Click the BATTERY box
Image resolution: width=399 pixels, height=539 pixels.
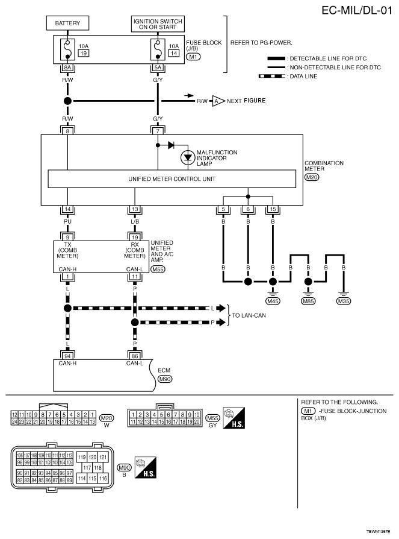coord(67,23)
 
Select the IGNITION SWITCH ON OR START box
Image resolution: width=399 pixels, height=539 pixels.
coord(158,24)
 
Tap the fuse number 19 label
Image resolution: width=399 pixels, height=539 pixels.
coord(84,53)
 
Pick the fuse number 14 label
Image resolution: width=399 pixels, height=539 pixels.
coord(174,53)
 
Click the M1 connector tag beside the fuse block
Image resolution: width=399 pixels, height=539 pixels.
coord(193,57)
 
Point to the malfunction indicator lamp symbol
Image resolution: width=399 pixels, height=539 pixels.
coord(188,157)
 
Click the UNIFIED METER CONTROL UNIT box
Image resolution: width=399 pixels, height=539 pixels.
coord(172,178)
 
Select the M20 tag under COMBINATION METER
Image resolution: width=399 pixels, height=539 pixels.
coord(312,177)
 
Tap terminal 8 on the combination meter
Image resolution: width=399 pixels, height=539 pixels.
coord(67,131)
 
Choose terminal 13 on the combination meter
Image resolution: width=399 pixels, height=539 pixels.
coord(135,209)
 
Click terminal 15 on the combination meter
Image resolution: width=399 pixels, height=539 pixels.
coord(273,209)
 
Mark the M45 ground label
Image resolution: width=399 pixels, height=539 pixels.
coord(273,301)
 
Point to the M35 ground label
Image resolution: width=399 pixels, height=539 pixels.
coord(344,301)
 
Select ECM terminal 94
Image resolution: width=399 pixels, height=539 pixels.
coord(67,356)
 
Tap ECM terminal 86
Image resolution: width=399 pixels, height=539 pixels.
coord(135,356)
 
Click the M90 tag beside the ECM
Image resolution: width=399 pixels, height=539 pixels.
coord(165,379)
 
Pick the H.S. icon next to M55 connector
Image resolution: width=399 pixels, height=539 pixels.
coord(234,418)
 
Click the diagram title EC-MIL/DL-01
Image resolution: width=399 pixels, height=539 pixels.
coord(357,10)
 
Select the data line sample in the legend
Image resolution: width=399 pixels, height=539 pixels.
coord(272,77)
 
